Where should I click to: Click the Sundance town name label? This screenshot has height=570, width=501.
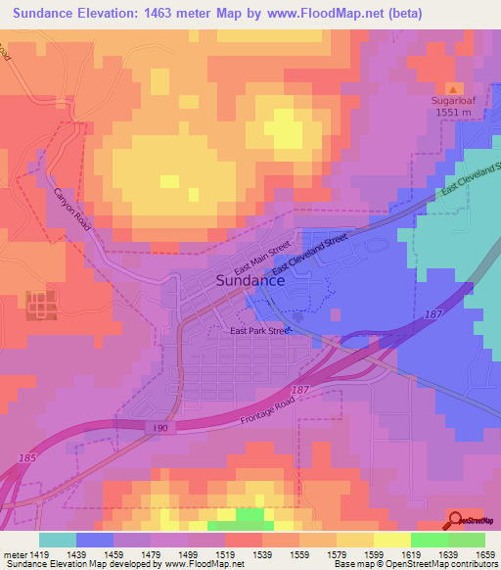tap(250, 279)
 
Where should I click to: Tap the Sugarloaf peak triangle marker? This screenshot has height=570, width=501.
tap(451, 89)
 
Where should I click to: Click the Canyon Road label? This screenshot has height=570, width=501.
tap(72, 210)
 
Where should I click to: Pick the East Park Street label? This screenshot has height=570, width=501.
tap(260, 331)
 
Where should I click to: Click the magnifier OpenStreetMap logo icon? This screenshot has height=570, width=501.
tap(455, 520)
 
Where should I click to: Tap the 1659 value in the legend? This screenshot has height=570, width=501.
tap(483, 553)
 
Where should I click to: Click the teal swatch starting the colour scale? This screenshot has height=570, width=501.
tap(58, 540)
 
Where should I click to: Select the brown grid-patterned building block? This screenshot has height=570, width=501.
tap(41, 305)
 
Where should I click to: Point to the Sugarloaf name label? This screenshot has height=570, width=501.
tap(452, 101)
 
